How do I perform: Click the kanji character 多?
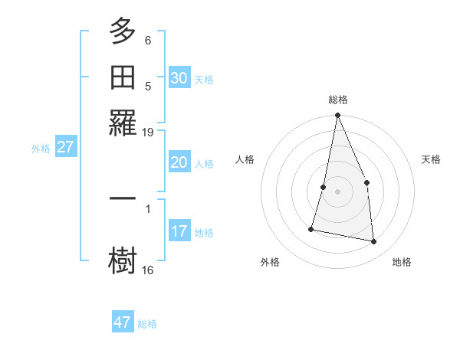123,33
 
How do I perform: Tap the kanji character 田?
123,77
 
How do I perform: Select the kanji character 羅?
123,121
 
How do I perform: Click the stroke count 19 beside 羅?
148,133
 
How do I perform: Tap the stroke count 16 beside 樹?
148,270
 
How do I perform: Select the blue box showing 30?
179,77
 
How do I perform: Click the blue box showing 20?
179,162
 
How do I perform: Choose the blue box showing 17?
179,231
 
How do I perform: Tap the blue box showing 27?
65,147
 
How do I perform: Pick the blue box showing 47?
122,322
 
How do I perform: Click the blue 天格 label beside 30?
204,79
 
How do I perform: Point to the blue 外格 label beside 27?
41,149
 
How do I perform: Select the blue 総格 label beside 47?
147,324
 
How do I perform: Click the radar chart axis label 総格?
337,100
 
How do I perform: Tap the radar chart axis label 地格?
402,263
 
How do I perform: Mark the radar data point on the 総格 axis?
337,116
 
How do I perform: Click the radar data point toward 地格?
374,242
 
